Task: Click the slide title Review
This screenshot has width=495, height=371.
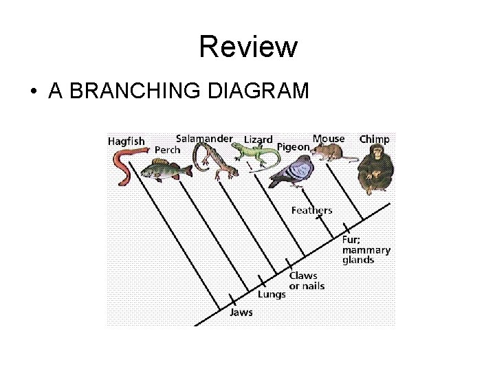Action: (x=247, y=47)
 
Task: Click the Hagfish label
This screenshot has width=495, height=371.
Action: (x=126, y=142)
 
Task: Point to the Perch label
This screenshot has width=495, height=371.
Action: (x=168, y=150)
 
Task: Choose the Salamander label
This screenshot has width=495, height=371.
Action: (x=204, y=138)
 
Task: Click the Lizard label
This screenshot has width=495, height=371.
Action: (x=258, y=140)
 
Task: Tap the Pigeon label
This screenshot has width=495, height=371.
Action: (x=293, y=147)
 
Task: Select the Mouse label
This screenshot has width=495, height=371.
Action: (x=329, y=138)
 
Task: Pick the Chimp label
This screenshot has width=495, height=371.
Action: (x=374, y=139)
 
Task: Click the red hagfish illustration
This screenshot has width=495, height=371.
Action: (x=125, y=168)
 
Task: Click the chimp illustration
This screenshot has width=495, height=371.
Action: (x=374, y=169)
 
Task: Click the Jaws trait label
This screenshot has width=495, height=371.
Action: (x=241, y=313)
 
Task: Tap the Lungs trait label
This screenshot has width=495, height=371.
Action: (x=272, y=294)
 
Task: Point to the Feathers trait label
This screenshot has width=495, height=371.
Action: (x=311, y=210)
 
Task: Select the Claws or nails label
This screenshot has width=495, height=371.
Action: (x=306, y=280)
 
